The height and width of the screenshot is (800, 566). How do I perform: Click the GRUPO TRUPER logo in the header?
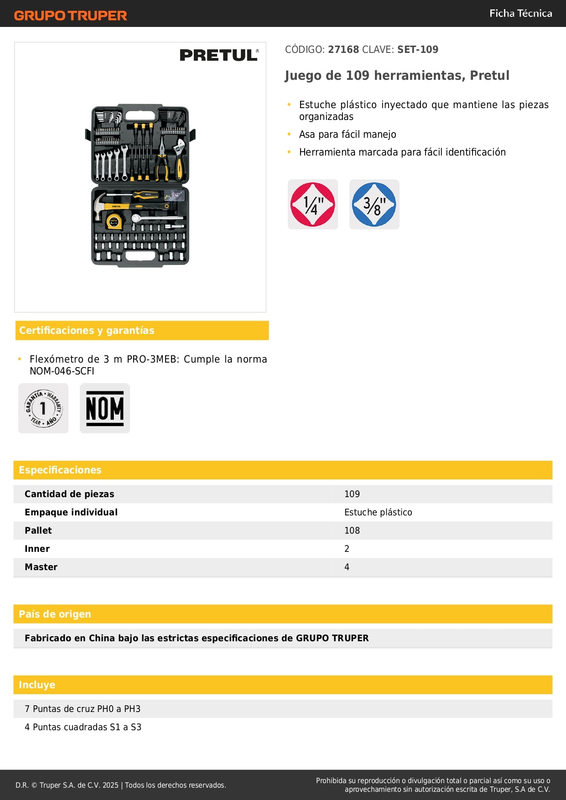(x=70, y=16)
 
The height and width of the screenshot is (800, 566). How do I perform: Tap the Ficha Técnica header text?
(x=520, y=13)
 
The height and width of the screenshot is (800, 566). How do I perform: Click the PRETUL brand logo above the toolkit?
(x=219, y=55)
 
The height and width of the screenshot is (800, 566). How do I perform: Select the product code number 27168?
(x=343, y=49)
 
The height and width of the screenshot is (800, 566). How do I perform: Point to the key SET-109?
(x=417, y=49)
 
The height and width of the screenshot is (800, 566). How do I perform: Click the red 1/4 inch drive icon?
(x=313, y=204)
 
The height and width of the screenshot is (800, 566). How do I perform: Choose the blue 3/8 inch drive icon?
(x=374, y=204)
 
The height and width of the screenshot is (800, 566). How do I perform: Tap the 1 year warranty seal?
(x=43, y=408)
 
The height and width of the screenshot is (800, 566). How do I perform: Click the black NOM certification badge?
(x=105, y=408)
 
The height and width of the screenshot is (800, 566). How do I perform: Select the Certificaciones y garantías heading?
(x=87, y=330)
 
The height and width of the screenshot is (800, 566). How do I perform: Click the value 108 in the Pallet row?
(x=352, y=530)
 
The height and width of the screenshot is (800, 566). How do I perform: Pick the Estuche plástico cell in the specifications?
(x=378, y=512)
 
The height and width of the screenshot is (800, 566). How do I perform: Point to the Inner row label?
(x=37, y=549)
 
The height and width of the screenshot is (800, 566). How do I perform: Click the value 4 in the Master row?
(x=347, y=567)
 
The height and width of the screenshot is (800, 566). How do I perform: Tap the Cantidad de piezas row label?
(x=69, y=494)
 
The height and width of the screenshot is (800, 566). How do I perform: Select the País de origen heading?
(x=55, y=614)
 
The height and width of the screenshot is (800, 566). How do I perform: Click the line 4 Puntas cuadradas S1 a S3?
(x=83, y=727)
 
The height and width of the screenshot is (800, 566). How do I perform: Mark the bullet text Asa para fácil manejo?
(x=348, y=134)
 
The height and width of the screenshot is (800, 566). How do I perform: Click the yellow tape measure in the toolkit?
(x=113, y=222)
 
